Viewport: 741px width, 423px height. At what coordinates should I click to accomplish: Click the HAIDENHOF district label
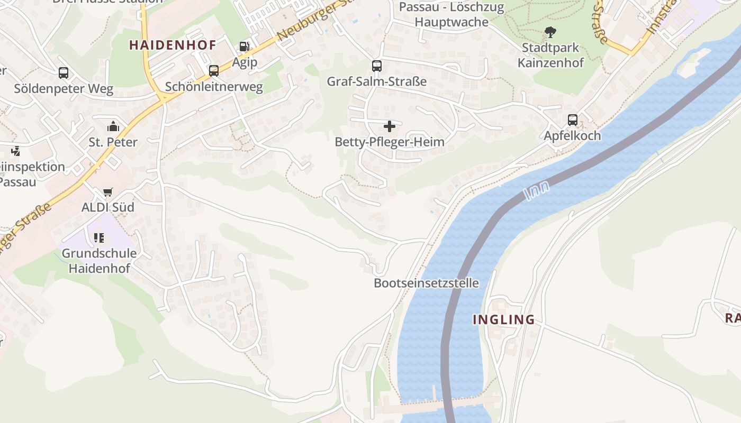pos(173,45)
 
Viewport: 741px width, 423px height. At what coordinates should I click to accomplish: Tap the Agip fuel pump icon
pos(244,47)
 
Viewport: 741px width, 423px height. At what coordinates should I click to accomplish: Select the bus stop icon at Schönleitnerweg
pos(214,70)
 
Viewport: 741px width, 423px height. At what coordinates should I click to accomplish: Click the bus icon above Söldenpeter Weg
pos(64,73)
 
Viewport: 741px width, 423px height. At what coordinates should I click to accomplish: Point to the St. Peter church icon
pos(113,126)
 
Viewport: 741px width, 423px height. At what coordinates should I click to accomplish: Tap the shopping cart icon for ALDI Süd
pos(108,192)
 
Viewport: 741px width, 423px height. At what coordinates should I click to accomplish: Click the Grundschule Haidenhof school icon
pos(99,238)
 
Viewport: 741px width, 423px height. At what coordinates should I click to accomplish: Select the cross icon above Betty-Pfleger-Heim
pos(390,126)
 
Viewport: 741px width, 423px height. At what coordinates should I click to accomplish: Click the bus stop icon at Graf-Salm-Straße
pos(377,66)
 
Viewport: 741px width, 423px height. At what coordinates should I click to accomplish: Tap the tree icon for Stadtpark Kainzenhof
pos(550,32)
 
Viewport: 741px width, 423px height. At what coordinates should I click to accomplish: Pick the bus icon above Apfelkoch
pos(573,120)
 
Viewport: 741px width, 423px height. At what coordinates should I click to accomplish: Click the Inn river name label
pos(537,190)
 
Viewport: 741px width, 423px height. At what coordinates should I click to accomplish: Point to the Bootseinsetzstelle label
pos(426,283)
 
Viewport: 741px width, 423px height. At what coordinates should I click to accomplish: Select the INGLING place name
pos(503,319)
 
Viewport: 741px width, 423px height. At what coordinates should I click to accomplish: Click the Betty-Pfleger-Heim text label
pos(390,142)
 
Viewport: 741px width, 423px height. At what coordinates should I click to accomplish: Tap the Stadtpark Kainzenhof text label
pos(550,55)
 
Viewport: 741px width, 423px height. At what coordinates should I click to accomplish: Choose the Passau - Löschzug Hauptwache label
pos(451,14)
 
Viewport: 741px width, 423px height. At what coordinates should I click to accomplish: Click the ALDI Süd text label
pos(107,207)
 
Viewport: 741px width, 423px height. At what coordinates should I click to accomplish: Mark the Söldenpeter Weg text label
pos(64,89)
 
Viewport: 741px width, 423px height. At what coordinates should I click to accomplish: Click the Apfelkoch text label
pos(573,136)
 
